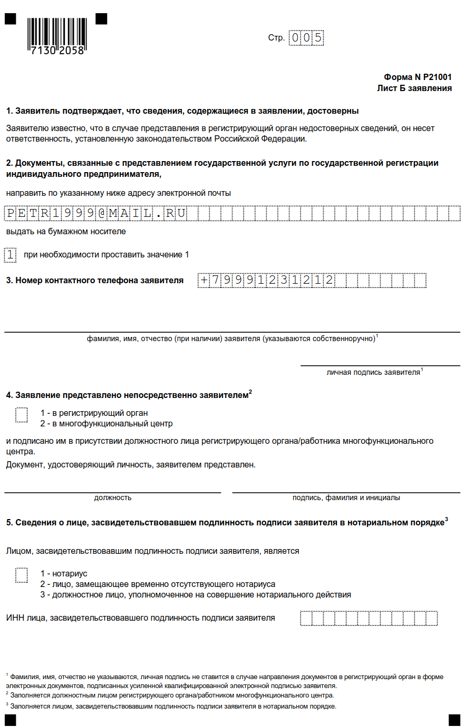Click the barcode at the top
point(57,35)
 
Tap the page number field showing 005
point(306,38)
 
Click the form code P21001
point(437,77)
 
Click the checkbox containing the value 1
point(10,255)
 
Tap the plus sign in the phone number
point(204,280)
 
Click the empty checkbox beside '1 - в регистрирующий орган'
point(22,415)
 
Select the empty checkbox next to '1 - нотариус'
point(22,575)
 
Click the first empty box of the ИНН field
point(306,618)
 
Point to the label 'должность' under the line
point(113,497)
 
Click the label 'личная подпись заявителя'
point(373,372)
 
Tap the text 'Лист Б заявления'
point(414,88)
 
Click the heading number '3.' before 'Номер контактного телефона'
point(9,280)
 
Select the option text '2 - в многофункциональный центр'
point(106,424)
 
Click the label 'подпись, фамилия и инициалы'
point(346,497)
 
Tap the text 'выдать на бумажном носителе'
point(66,231)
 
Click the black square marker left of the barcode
point(11,19)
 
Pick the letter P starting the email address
point(10,213)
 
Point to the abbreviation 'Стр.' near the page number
point(276,38)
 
